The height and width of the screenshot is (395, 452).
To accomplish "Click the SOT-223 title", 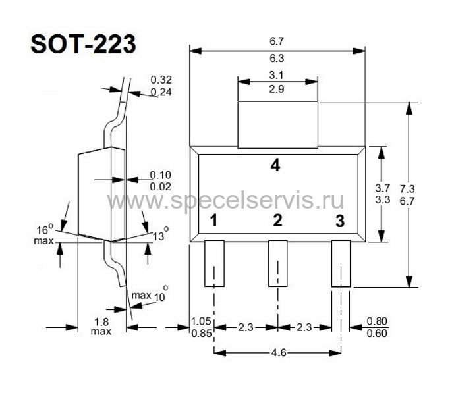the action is [x=83, y=44].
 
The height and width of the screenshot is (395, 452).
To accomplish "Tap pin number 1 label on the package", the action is [x=213, y=221].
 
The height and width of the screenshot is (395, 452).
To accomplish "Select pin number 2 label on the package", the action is [x=277, y=221].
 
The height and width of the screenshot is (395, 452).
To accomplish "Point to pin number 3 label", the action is [x=340, y=221].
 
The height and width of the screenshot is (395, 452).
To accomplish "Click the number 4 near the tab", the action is [x=275, y=165].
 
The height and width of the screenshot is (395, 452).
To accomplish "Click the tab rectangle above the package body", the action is [x=277, y=124].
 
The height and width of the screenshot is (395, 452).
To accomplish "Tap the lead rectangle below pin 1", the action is [x=215, y=263].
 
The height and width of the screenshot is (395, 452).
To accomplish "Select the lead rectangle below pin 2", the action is [x=278, y=263].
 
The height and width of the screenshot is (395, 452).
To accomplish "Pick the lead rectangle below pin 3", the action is [x=341, y=263].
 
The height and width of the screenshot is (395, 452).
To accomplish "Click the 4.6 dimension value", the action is [x=279, y=352].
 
